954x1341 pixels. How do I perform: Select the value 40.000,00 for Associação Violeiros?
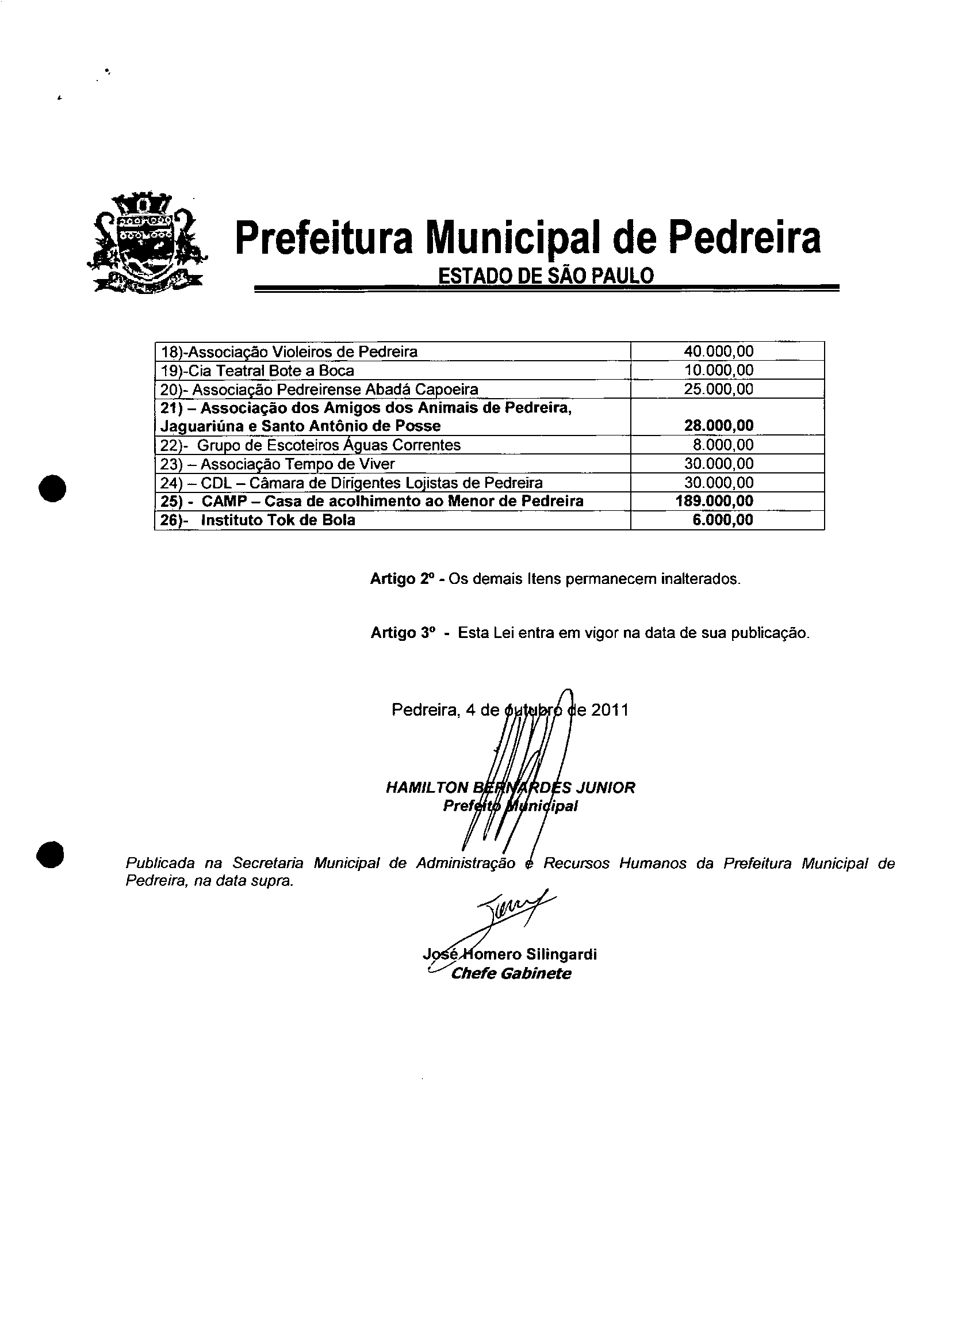(718, 352)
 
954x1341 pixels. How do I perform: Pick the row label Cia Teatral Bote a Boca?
(257, 371)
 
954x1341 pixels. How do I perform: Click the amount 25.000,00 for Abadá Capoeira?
(718, 389)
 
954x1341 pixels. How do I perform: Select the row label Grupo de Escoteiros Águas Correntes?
(310, 445)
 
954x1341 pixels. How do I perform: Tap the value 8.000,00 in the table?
(723, 445)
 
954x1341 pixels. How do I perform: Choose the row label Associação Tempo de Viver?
(277, 464)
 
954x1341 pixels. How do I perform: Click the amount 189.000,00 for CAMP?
(714, 501)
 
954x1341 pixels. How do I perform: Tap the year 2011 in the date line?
(610, 710)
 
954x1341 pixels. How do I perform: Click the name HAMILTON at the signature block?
(427, 788)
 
